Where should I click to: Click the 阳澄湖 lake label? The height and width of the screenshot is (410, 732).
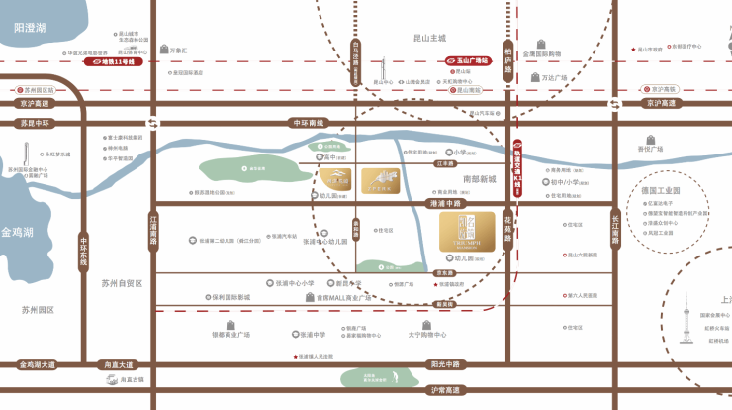point(30,29)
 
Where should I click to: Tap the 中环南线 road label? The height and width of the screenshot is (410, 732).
point(309,123)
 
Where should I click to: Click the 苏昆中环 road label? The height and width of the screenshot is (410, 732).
point(34,124)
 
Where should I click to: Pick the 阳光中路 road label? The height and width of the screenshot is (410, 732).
point(446,364)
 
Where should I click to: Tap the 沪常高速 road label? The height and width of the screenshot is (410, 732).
point(446,390)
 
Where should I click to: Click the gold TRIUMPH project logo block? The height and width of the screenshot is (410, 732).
point(467,232)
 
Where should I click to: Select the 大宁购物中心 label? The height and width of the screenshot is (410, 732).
point(428,335)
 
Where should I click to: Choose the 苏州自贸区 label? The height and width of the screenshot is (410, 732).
point(123,283)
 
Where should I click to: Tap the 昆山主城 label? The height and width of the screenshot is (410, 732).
point(429,38)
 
